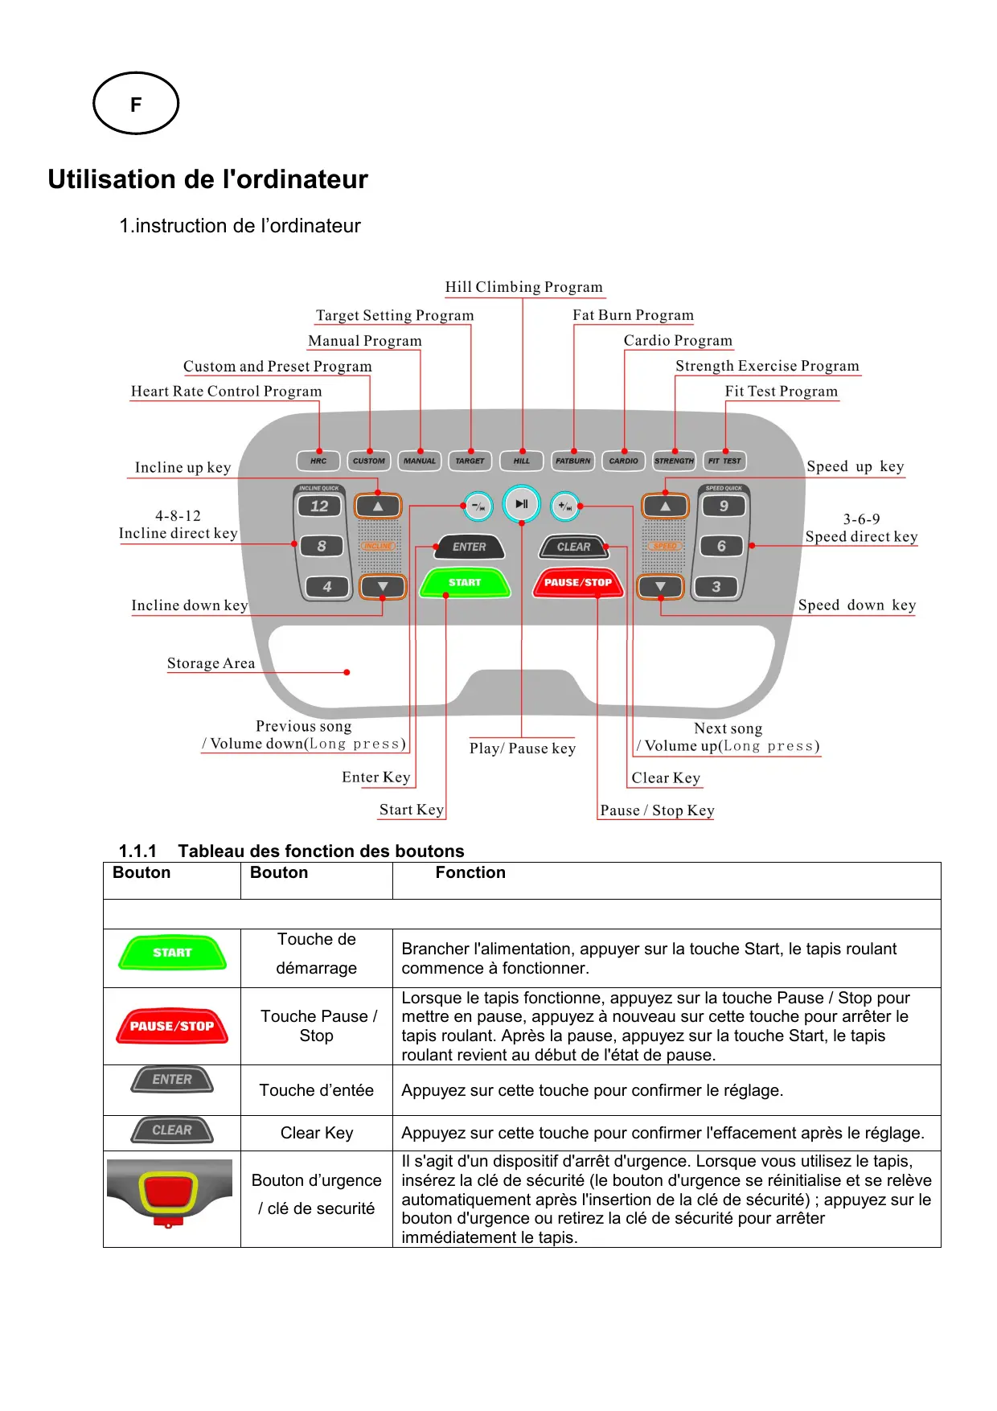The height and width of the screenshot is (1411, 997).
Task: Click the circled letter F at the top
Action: [x=136, y=104]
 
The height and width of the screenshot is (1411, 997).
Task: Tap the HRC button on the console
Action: [x=318, y=461]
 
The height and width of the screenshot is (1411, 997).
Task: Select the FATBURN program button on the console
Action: [x=572, y=461]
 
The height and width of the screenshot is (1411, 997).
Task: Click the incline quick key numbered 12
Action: [x=319, y=506]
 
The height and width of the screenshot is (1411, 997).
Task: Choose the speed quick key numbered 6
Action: [x=721, y=546]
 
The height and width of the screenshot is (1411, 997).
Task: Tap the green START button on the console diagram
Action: [x=465, y=582]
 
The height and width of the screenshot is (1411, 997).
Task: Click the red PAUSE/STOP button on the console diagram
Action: [x=578, y=582]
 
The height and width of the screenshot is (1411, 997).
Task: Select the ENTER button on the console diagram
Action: [x=470, y=547]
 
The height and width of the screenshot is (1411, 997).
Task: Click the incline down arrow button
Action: [x=382, y=587]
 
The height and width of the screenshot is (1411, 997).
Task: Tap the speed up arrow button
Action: [x=665, y=507]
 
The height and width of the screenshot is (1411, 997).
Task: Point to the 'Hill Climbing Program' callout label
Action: [x=523, y=287]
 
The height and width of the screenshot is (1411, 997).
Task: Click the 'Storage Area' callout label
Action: [x=211, y=663]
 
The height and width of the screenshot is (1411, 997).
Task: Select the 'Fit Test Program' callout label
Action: [x=781, y=392]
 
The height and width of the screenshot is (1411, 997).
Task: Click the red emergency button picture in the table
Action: [x=169, y=1192]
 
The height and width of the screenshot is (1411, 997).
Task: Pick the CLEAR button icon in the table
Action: [x=172, y=1130]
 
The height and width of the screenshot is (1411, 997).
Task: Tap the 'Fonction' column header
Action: [x=470, y=872]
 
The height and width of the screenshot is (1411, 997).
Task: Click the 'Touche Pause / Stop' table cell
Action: [x=317, y=1026]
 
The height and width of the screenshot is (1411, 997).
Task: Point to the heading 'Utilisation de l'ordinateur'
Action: [x=207, y=179]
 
